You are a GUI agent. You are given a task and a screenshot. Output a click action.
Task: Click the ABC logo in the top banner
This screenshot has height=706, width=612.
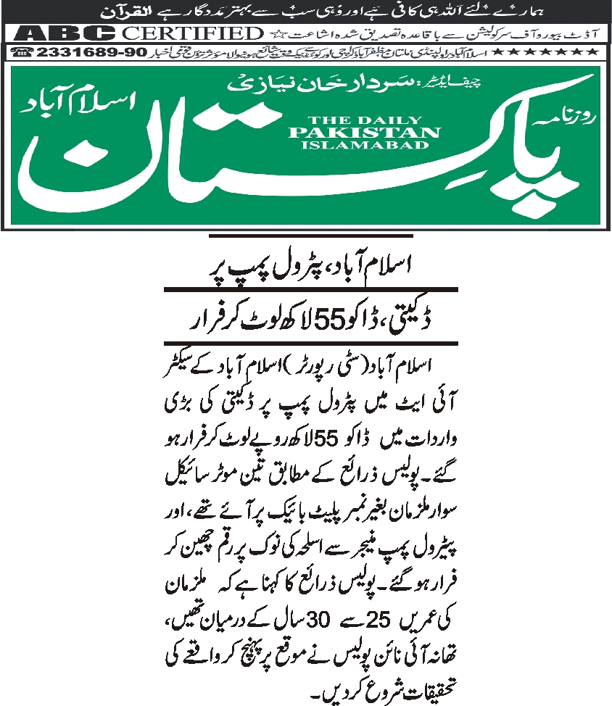click(65, 33)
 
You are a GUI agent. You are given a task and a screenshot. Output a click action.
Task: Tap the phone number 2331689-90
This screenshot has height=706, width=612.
click(94, 53)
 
